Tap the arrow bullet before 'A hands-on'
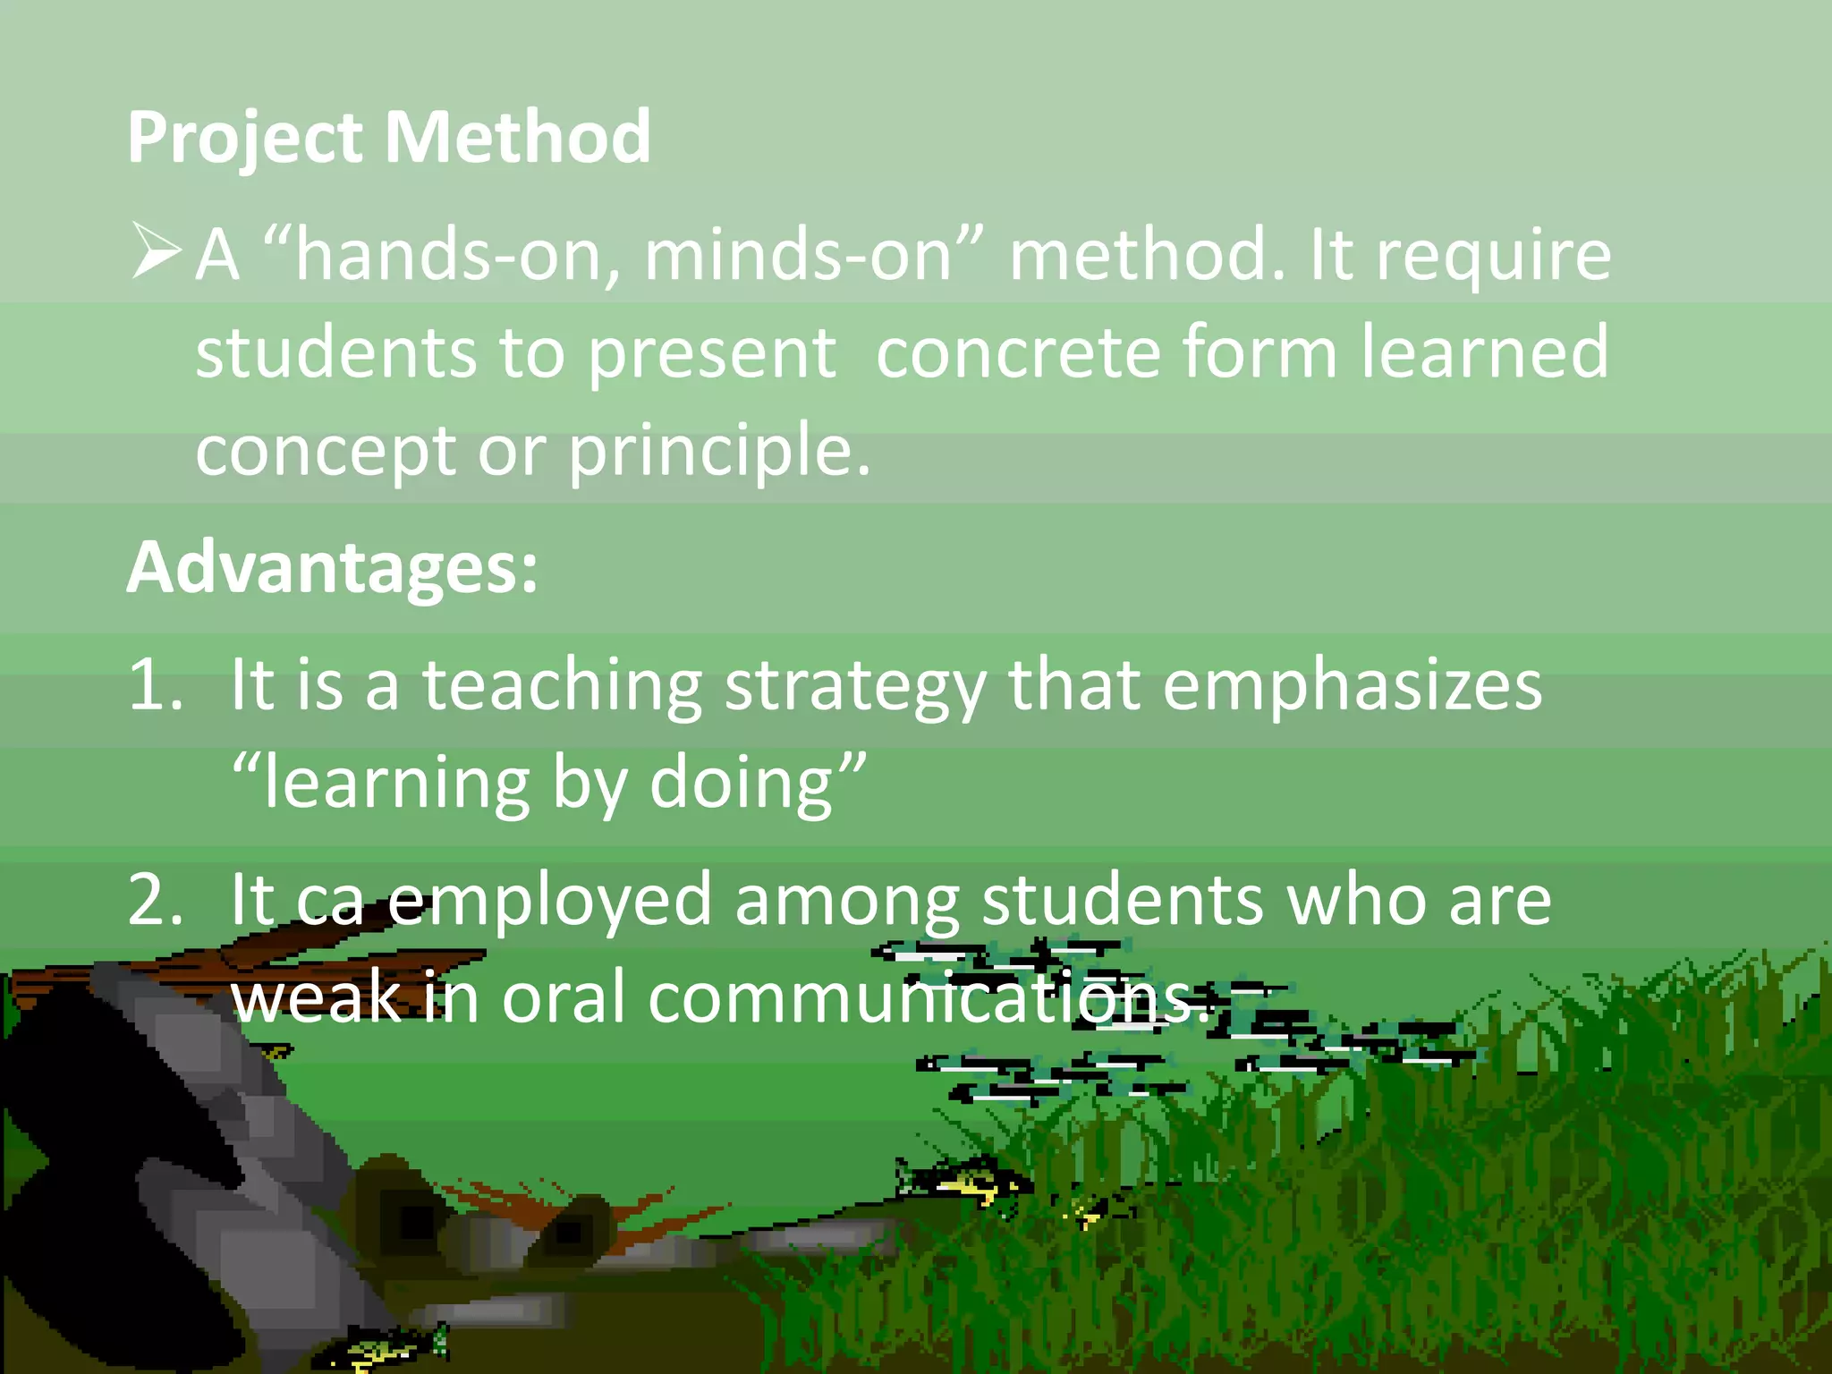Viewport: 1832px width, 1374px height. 156,251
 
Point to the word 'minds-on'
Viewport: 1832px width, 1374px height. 798,256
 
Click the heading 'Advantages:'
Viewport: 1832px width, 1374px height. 333,568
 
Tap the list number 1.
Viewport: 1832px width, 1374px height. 154,685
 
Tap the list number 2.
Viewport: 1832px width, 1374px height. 155,899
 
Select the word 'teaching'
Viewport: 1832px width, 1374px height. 562,688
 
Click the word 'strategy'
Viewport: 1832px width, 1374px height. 855,688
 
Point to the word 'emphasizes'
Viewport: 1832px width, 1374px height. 1352,687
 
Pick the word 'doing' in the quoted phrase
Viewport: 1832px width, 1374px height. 742,785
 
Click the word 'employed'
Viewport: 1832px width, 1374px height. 549,902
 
